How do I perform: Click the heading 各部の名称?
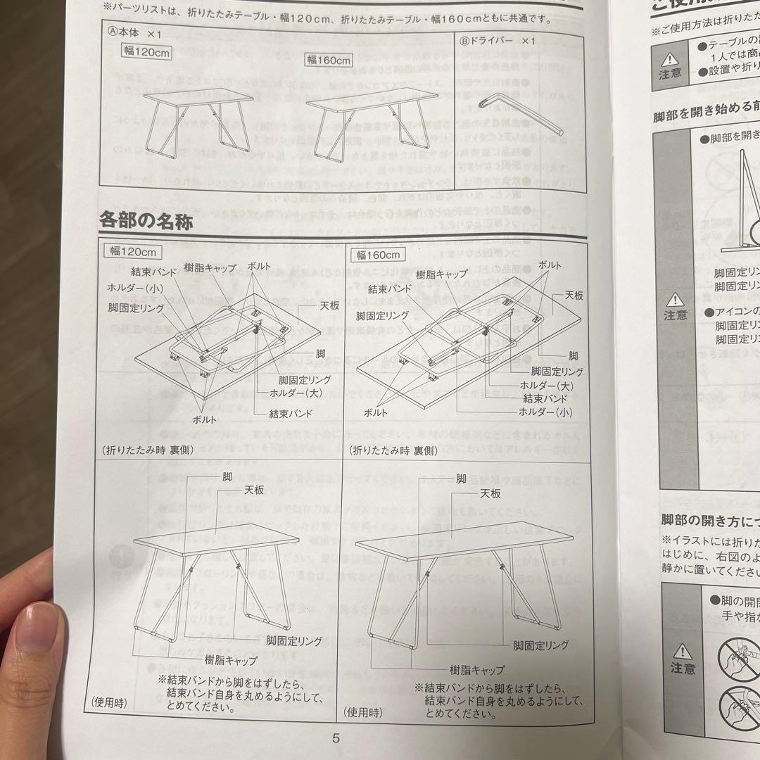[146, 221]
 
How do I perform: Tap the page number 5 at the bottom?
[336, 738]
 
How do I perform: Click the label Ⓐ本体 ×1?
[134, 33]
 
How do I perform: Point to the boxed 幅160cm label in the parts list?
[328, 60]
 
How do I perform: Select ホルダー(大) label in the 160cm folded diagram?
[545, 386]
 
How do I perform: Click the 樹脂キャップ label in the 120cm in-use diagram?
[231, 661]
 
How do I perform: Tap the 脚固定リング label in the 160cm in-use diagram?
[540, 645]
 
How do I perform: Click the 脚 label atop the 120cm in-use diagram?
[227, 476]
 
